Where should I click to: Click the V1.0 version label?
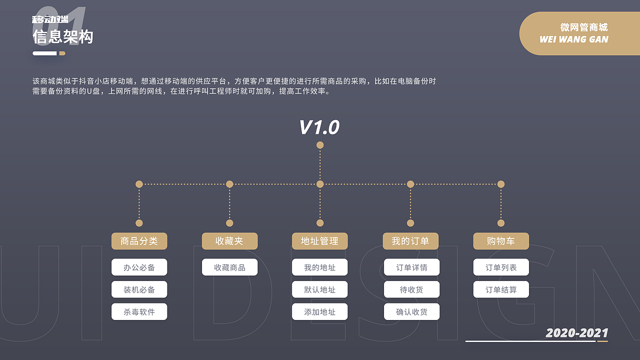pyautogui.click(x=319, y=127)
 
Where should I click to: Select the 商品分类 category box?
pyautogui.click(x=139, y=241)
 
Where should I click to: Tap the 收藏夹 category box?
pyautogui.click(x=229, y=241)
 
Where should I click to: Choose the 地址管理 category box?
pyautogui.click(x=320, y=241)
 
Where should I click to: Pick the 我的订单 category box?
pyautogui.click(x=410, y=241)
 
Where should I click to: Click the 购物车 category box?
pyautogui.click(x=501, y=241)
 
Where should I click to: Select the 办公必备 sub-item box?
pyautogui.click(x=139, y=267)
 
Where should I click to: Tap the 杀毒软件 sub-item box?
pyautogui.click(x=139, y=312)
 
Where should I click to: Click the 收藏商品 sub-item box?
pyautogui.click(x=229, y=267)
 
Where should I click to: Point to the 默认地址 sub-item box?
pyautogui.click(x=320, y=289)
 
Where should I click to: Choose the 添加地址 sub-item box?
pyautogui.click(x=320, y=312)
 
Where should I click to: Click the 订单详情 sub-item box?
pyautogui.click(x=411, y=267)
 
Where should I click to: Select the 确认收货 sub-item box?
pyautogui.click(x=411, y=312)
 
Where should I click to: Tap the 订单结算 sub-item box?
pyautogui.click(x=501, y=289)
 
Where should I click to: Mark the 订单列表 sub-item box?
pyautogui.click(x=501, y=267)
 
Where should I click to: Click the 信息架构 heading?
pyautogui.click(x=63, y=36)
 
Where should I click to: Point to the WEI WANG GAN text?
pyautogui.click(x=574, y=39)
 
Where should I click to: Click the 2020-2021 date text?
pyautogui.click(x=577, y=333)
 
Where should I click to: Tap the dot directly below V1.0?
pyautogui.click(x=320, y=145)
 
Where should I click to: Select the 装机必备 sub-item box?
pyautogui.click(x=139, y=289)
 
